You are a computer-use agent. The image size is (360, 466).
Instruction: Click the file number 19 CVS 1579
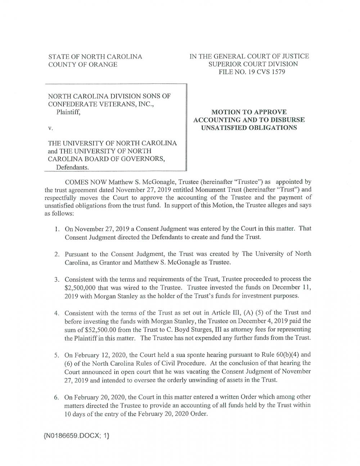click(261, 72)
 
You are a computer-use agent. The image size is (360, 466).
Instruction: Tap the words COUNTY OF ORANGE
click(83, 64)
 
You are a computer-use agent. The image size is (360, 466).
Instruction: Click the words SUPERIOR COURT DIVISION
click(253, 64)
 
